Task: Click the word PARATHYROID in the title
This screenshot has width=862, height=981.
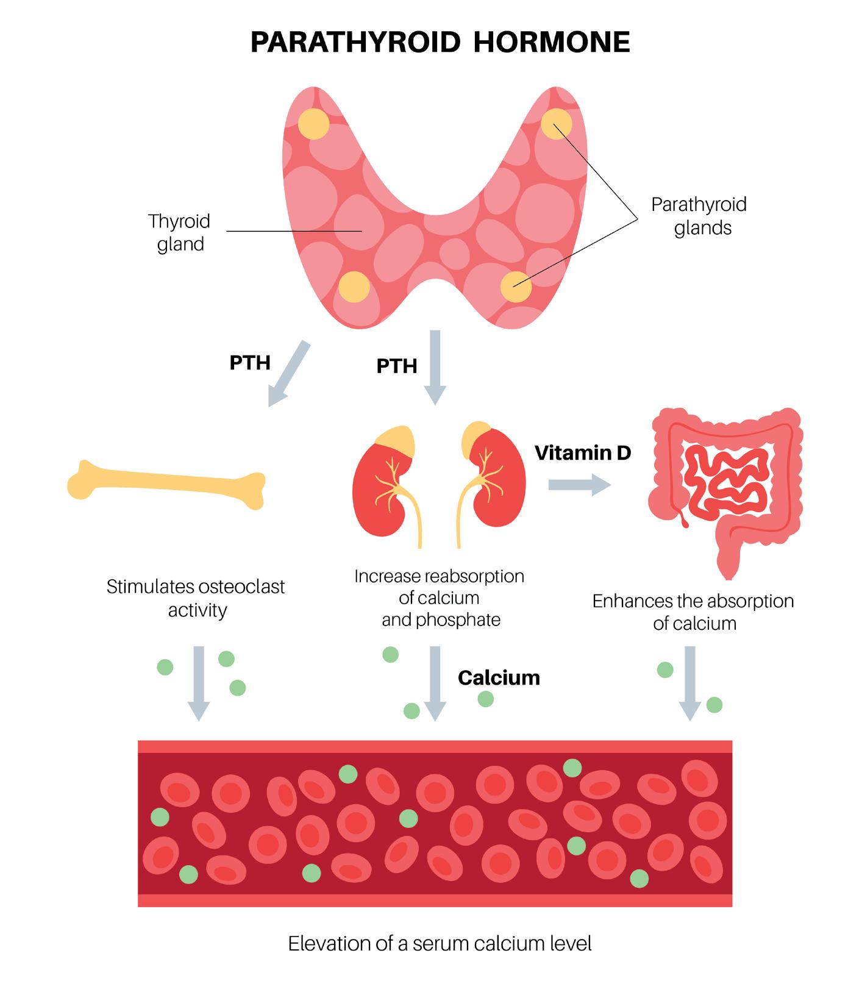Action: pos(355,43)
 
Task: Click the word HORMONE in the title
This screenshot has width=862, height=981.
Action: pos(551,43)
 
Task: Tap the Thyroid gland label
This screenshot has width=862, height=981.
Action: pos(179,232)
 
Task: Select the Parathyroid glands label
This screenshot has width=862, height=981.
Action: pos(700,216)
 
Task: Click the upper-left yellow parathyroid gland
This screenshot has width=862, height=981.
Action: pos(313,124)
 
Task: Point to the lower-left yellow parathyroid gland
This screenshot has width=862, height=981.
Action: pos(354,287)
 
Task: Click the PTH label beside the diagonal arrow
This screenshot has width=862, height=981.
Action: pos(250,363)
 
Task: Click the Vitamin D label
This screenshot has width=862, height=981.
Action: pos(582,453)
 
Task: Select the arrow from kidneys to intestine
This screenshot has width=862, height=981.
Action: pos(579,485)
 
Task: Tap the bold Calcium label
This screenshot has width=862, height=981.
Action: pos(499,678)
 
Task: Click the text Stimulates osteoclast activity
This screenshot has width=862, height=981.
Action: pos(196,598)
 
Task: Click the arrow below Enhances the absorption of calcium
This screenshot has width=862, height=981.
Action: pos(690,683)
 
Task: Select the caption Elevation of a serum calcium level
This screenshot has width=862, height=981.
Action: pos(440,944)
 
